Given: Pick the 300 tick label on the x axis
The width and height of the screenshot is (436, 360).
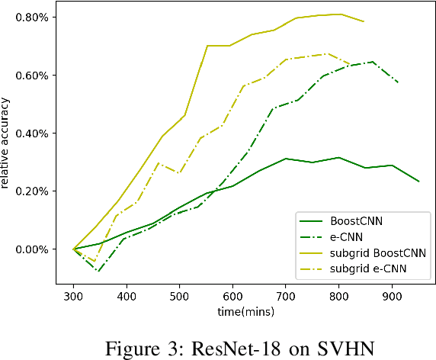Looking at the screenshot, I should click(73, 296).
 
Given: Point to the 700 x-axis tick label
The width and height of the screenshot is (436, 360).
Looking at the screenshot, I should click(286, 296).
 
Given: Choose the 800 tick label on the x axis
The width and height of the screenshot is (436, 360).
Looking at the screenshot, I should click(338, 296).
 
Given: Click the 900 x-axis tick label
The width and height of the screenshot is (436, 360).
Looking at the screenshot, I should click(392, 296).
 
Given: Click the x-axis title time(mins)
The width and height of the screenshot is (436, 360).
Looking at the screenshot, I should click(246, 310).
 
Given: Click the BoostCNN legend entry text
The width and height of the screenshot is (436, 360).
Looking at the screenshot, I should click(356, 220).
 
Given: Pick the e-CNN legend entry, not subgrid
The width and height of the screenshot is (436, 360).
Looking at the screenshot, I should click(348, 236).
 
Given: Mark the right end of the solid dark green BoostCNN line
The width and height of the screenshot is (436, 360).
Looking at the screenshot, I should click(418, 182).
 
